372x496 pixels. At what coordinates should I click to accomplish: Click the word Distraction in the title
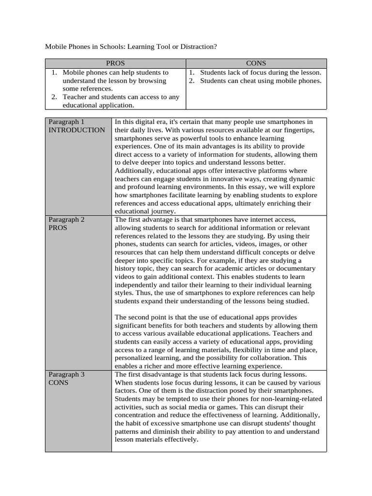(195, 46)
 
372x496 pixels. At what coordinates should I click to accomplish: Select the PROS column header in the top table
(115, 63)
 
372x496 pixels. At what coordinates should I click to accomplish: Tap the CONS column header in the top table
(256, 63)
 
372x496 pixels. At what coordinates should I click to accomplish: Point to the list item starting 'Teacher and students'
(121, 97)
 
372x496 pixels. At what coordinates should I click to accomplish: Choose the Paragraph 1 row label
(66, 122)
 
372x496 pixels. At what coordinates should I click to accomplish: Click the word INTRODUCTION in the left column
(76, 130)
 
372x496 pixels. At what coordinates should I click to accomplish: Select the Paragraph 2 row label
(66, 219)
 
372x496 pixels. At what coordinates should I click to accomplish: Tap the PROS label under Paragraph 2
(58, 228)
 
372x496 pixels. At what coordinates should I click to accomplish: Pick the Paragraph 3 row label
(66, 374)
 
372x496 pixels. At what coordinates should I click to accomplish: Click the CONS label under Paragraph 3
(58, 383)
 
